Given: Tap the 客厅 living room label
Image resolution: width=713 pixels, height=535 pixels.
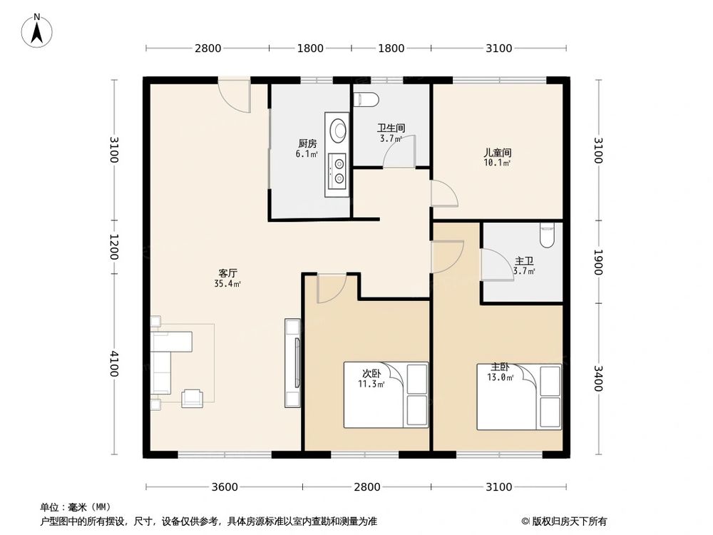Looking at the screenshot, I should [x=227, y=272].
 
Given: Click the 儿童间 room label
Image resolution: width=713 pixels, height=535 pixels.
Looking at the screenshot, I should [x=497, y=153].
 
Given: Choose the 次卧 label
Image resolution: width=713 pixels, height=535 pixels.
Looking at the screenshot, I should [x=371, y=374].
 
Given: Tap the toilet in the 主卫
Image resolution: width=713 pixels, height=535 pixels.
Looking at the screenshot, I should [x=547, y=236].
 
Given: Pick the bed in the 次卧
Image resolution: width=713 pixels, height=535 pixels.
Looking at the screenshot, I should [x=386, y=394].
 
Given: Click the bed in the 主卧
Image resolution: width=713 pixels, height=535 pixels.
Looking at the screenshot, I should [x=519, y=397].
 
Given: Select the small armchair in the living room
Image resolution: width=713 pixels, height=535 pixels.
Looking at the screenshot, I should [x=193, y=398].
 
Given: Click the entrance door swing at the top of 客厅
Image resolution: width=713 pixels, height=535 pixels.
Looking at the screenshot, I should [x=234, y=97].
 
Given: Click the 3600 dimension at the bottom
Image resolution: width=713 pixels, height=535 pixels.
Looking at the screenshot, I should [x=224, y=487].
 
